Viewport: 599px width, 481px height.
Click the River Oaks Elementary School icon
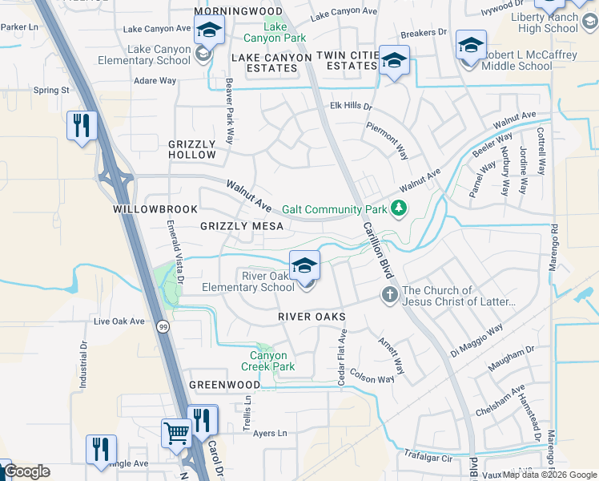[x=304, y=266]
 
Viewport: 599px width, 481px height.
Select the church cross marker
[x=390, y=295]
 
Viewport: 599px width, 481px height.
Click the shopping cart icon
[x=176, y=434]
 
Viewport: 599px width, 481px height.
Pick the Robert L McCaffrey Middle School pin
[x=470, y=46]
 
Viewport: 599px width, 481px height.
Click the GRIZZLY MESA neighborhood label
[x=242, y=227]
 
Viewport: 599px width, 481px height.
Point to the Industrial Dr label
[x=83, y=366]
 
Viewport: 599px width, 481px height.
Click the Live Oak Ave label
[x=119, y=321]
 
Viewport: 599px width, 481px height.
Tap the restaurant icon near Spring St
[x=82, y=126]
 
